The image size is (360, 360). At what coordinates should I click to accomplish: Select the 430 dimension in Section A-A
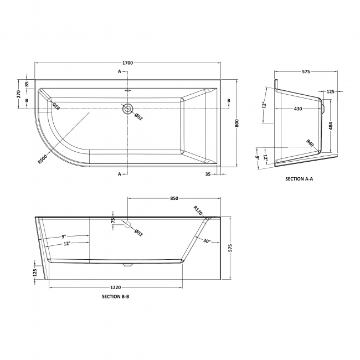pyautogui.click(x=297, y=109)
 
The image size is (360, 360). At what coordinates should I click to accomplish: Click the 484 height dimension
pyautogui.click(x=331, y=127)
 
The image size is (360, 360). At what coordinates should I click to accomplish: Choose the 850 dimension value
pyautogui.click(x=174, y=198)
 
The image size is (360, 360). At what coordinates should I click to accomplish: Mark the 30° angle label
pyautogui.click(x=207, y=241)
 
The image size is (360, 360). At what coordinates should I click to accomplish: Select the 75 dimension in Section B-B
pyautogui.click(x=114, y=220)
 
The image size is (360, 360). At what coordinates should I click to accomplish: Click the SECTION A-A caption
pyautogui.click(x=299, y=179)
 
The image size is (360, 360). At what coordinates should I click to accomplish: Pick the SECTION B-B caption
pyautogui.click(x=116, y=297)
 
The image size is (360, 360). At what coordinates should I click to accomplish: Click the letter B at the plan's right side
pyautogui.click(x=229, y=100)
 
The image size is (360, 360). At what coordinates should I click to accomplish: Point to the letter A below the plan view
pyautogui.click(x=119, y=173)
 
